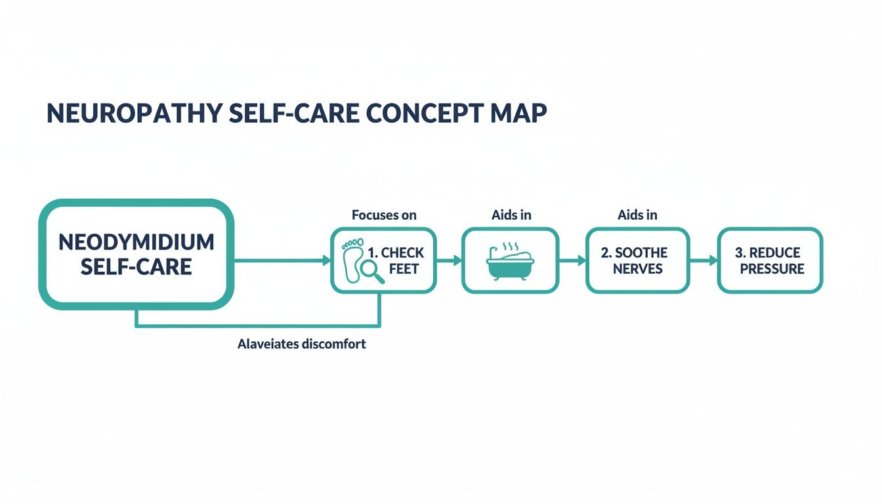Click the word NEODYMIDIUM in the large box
[x=136, y=242]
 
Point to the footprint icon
[x=352, y=260]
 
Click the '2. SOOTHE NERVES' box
[x=637, y=261]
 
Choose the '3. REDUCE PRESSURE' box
[x=769, y=261]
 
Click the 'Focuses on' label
[x=384, y=215]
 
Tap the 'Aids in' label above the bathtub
[x=511, y=215]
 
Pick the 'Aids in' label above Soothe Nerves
[x=637, y=215]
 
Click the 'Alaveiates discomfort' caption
[x=301, y=344]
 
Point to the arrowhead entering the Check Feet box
[x=326, y=261]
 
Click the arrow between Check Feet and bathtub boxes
[x=450, y=261]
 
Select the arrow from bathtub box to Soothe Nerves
[x=572, y=261]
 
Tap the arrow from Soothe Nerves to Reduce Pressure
[x=703, y=261]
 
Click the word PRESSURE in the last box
[x=772, y=269]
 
